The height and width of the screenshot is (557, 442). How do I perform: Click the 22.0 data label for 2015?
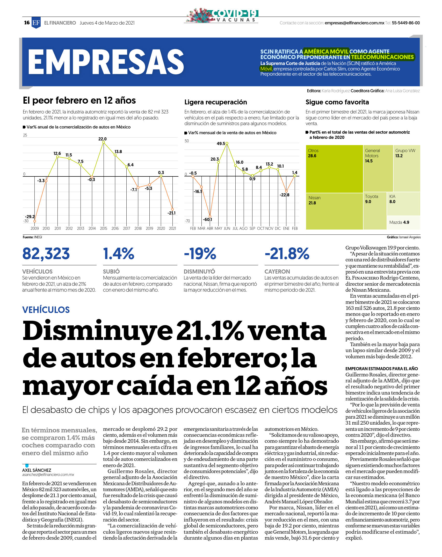[102, 139]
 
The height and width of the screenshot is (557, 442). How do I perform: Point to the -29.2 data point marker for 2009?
[35, 221]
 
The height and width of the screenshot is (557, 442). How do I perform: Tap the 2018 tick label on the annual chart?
[138, 228]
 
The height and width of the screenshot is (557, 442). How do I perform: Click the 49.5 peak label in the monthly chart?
[221, 144]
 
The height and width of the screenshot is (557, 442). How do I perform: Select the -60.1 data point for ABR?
[210, 216]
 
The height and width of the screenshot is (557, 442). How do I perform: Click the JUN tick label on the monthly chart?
[227, 228]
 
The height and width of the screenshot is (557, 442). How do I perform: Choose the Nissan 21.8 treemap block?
[335, 211]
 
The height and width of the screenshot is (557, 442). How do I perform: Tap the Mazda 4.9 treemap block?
[403, 223]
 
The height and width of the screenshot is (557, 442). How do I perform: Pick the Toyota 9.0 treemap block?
[375, 211]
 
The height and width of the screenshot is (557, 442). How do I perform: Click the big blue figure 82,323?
[46, 254]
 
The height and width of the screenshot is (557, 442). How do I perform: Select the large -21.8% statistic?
[287, 254]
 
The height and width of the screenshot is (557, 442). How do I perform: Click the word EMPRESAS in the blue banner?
[106, 62]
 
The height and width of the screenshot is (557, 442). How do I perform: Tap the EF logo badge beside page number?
[36, 23]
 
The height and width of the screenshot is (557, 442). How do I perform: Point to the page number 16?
[27, 23]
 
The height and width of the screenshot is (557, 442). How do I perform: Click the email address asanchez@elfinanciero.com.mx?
[48, 475]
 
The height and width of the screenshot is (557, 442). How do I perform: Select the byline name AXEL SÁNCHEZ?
[37, 470]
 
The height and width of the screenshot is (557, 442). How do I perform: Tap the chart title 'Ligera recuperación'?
[216, 102]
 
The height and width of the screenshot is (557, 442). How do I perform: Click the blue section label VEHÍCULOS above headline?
[46, 310]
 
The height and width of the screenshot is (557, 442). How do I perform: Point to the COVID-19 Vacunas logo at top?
[221, 16]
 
